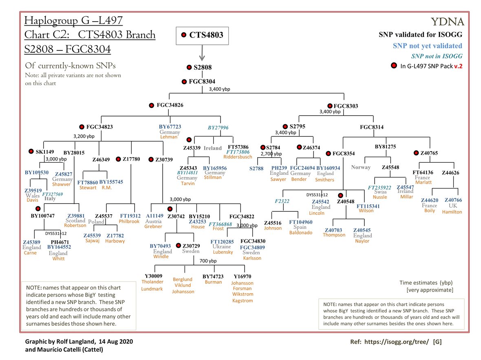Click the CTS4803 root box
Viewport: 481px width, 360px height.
point(202,35)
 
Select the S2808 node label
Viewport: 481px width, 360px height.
point(203,68)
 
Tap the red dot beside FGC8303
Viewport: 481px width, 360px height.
point(330,106)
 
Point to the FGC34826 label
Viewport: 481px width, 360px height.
point(170,105)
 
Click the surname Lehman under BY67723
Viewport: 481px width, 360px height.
point(169,137)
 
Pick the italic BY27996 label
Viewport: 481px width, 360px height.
point(218,127)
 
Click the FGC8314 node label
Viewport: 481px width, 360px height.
point(371,127)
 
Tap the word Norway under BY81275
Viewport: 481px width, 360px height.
point(361,167)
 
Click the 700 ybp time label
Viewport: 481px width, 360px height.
point(208,261)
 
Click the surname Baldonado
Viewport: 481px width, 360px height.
point(301,233)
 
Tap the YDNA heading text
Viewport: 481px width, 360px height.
point(447,22)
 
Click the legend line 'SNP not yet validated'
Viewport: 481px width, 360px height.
point(427,46)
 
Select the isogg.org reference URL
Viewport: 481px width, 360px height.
point(394,341)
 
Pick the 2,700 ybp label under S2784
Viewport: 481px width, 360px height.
point(271,154)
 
